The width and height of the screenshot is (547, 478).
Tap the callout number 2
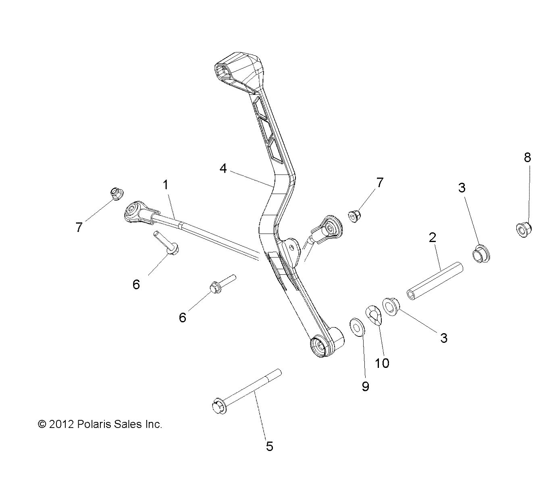click(432, 237)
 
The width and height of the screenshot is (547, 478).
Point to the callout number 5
click(270, 446)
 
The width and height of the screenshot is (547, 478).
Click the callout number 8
click(527, 157)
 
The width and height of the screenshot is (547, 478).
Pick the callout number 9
click(365, 386)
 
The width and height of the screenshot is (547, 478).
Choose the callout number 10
click(382, 363)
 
